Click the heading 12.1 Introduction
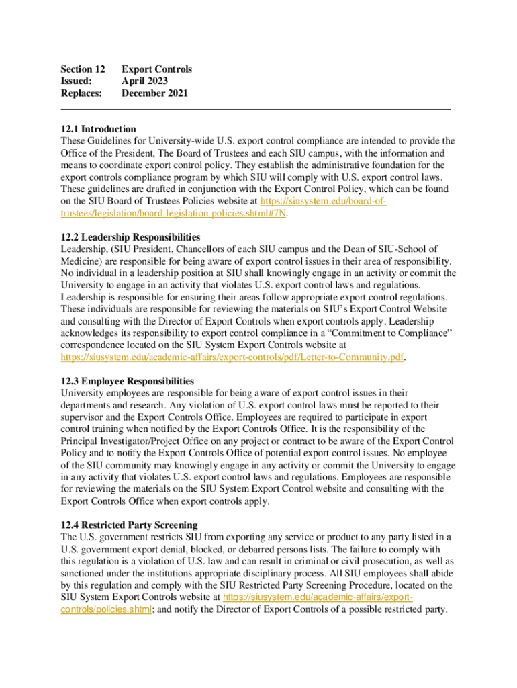point(98,129)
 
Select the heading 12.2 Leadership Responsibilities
point(130,237)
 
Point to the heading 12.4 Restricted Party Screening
point(129,525)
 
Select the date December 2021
point(154,93)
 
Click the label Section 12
point(83,69)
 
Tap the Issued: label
point(76,81)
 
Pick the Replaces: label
point(81,93)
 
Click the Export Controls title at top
point(156,69)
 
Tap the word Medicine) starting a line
point(82,261)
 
